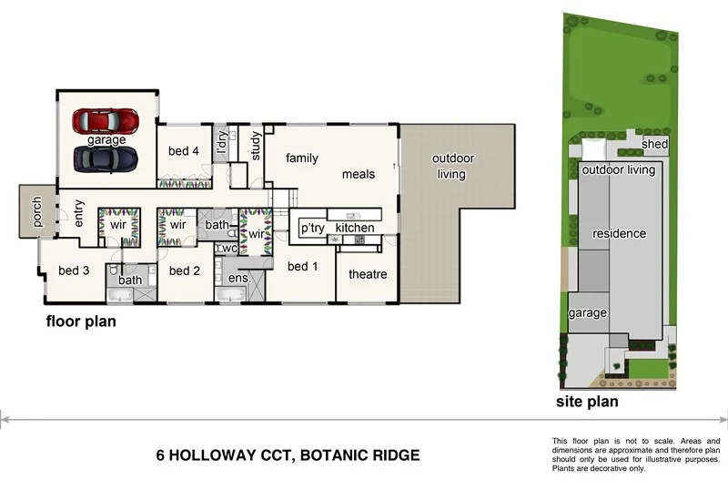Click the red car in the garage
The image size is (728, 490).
[106, 120]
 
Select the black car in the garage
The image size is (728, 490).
[106, 158]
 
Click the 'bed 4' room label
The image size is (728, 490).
[183, 151]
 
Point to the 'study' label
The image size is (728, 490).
[256, 147]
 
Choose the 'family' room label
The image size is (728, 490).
[302, 158]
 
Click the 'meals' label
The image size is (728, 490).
[359, 174]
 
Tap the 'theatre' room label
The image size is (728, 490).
[368, 274]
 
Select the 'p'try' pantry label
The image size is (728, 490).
[312, 228]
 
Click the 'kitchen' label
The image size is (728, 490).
[355, 227]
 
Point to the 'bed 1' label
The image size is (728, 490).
[302, 267]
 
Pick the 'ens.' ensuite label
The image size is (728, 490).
[238, 277]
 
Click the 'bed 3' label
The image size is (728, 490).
[74, 271]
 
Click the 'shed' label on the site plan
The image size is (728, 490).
[655, 144]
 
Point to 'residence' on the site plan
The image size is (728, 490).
[619, 234]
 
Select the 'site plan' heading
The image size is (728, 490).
[587, 401]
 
